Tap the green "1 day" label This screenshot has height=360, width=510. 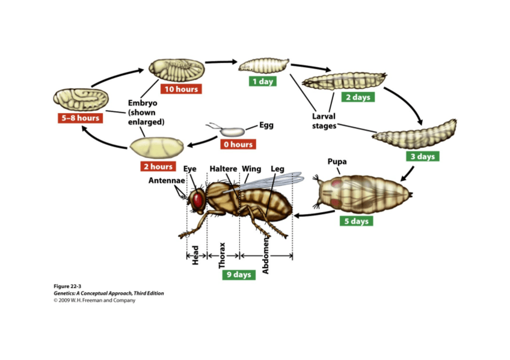click(x=263, y=81)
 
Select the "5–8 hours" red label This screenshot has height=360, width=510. click(x=79, y=118)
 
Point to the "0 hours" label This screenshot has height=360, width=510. click(x=238, y=144)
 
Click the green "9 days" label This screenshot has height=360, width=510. click(x=238, y=275)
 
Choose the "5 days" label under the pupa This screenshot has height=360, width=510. click(x=355, y=221)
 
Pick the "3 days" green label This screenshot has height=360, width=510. click(x=422, y=156)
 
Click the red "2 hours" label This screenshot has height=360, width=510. click(x=158, y=166)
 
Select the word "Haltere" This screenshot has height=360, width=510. click(x=223, y=169)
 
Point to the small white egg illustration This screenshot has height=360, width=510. click(x=231, y=130)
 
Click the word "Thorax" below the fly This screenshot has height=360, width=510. click(x=221, y=255)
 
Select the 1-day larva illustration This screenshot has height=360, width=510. click(x=263, y=64)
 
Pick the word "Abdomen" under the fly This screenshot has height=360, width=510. click(x=266, y=255)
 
